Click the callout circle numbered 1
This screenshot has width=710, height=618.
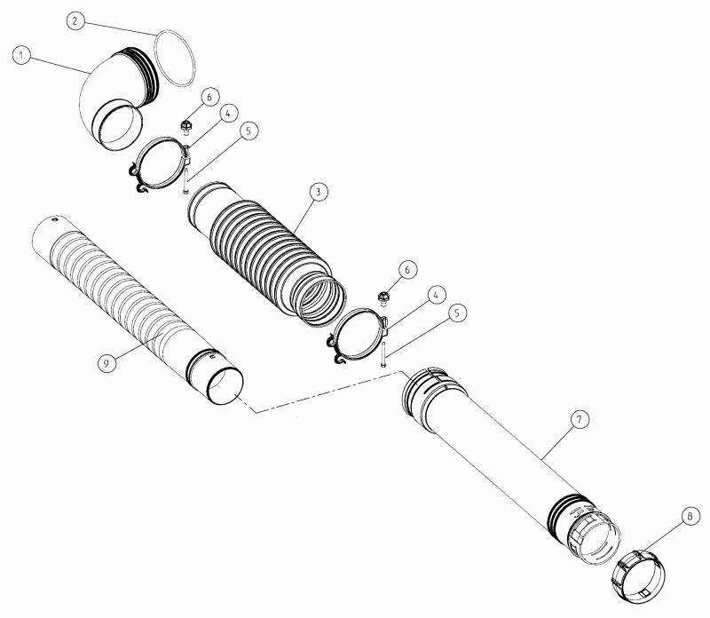21,56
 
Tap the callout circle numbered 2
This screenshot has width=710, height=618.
75,20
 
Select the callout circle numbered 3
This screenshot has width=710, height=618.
319,192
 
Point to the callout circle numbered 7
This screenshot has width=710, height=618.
580,419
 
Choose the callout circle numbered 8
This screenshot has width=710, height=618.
690,516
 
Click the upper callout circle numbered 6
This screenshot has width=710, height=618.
209,97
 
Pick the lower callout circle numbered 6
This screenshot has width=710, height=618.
407,270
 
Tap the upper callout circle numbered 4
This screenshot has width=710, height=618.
228,114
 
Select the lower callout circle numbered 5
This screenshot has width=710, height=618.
457,313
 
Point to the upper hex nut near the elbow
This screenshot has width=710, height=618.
185,126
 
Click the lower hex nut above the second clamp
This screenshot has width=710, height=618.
383,297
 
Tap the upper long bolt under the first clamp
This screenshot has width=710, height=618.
185,180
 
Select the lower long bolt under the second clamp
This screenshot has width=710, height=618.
383,354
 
